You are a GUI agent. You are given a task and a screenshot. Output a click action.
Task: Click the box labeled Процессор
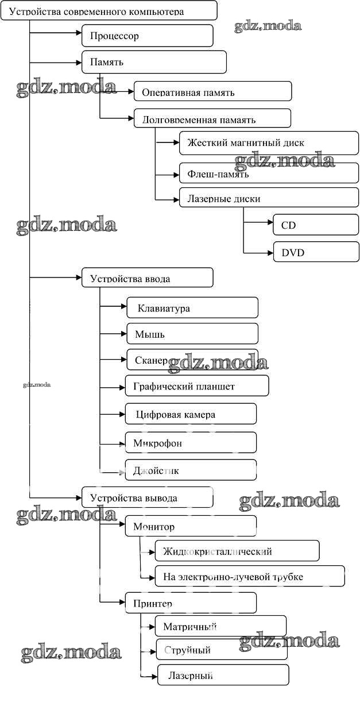click(148, 36)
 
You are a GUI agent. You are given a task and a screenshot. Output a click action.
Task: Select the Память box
click(154, 61)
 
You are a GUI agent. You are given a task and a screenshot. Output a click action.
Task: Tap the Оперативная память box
click(212, 92)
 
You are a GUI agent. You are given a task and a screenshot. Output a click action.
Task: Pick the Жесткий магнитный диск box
click(269, 143)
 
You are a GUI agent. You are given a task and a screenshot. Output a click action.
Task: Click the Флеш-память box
click(269, 172)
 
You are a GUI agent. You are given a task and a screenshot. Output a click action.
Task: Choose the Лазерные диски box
click(269, 199)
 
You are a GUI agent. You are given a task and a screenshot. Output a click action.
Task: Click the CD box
click(316, 225)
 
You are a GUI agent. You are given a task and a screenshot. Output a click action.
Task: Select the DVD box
click(316, 252)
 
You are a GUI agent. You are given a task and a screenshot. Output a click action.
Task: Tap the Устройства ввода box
click(148, 279)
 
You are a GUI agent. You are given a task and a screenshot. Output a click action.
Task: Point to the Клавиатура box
click(192, 308)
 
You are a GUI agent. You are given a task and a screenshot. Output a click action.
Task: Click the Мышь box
click(192, 334)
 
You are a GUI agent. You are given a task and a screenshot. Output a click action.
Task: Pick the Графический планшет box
click(197, 386)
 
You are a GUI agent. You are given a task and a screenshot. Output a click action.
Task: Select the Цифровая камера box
click(191, 414)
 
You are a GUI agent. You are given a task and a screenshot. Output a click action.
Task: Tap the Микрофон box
click(191, 443)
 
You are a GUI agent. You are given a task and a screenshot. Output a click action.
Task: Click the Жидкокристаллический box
click(237, 551)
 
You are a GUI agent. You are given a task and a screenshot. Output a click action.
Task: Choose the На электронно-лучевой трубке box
click(250, 576)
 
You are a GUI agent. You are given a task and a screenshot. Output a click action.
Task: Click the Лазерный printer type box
click(223, 676)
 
